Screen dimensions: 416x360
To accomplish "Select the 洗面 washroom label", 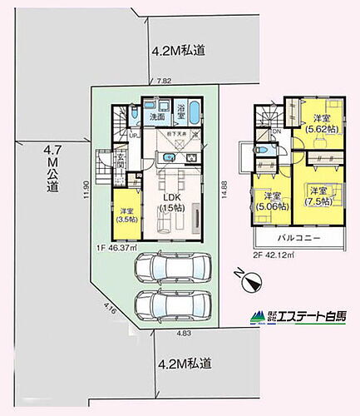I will click(156, 117).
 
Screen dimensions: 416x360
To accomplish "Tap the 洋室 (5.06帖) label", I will click(271, 201).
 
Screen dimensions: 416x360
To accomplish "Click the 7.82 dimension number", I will click(165, 82).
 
